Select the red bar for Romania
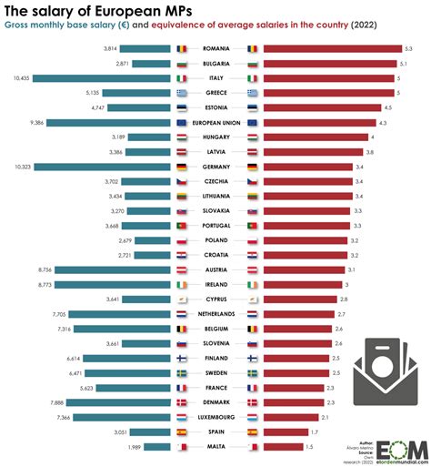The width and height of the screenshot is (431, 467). [x=331, y=48]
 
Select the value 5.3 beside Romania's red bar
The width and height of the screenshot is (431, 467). [x=409, y=48]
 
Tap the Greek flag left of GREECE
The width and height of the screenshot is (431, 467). [x=181, y=93]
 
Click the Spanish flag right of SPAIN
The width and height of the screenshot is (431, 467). [x=252, y=431]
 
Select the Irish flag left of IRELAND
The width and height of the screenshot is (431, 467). [x=181, y=284]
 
